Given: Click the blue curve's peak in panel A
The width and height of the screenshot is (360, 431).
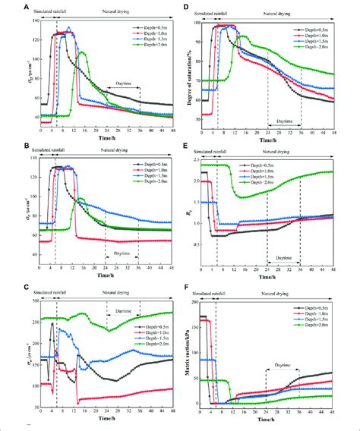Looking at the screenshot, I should tap(68, 29).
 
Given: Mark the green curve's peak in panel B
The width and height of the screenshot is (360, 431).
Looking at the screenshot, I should tap(81, 198).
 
